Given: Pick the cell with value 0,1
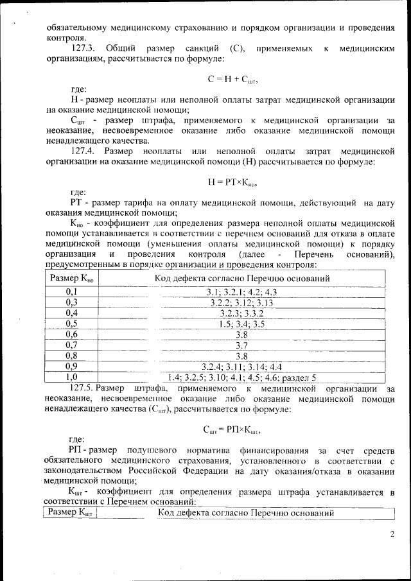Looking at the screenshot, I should coord(71,292).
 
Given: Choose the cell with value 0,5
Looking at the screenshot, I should coord(71,324).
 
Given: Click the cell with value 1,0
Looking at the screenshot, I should coord(71,377).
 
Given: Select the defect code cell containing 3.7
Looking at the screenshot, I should coord(241,345).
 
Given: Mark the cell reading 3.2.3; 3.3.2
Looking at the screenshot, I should coord(241,313).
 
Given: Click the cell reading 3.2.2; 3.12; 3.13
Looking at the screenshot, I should coord(241,302).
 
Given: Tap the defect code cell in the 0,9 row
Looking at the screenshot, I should coord(241,367).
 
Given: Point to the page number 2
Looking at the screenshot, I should coord(392,533).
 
